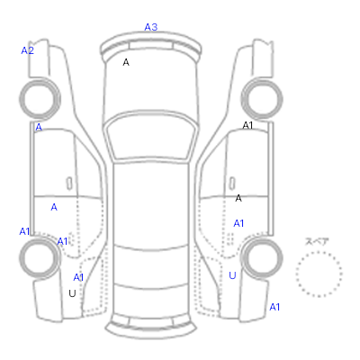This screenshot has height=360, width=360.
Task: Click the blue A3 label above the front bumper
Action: (151, 27)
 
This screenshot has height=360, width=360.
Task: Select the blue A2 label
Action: (27, 50)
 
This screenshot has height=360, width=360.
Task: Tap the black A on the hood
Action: (126, 62)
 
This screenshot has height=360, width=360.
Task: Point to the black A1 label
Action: (247, 125)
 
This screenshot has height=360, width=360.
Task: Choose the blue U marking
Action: (232, 275)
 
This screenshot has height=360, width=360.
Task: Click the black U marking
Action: (72, 293)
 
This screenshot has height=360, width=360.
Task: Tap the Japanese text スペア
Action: (317, 241)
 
